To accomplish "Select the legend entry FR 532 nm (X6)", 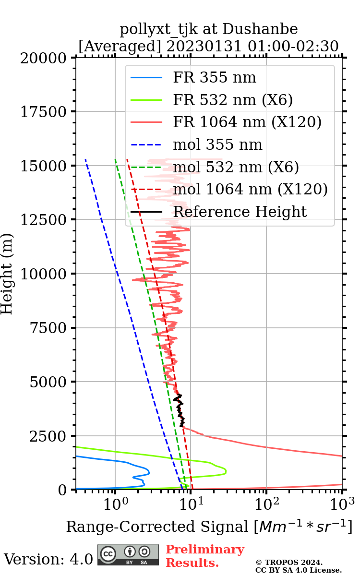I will (x=233, y=100).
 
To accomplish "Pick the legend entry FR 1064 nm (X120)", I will (x=247, y=122).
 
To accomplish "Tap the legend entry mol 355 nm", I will (x=217, y=144).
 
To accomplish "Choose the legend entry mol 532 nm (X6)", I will (x=236, y=167).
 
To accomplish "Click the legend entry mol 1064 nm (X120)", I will (x=250, y=189).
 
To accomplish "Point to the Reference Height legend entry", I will (x=240, y=212).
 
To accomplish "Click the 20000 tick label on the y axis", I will (x=44, y=58).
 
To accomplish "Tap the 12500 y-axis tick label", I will (x=44, y=220).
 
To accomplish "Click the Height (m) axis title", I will (x=7, y=274).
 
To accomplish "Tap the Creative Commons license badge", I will (x=128, y=555).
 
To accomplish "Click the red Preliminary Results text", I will (x=204, y=556).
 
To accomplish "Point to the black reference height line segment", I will (x=180, y=410).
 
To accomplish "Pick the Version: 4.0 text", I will (x=48, y=559).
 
